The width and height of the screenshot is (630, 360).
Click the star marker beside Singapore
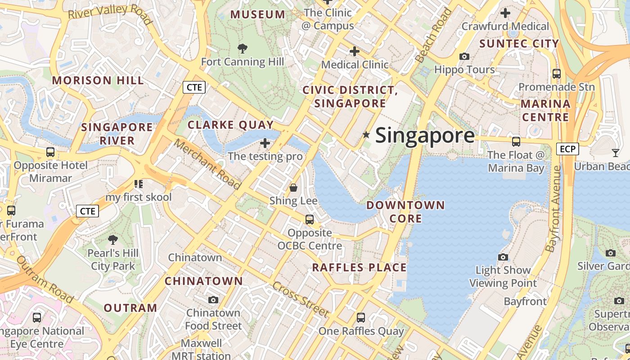[x=366, y=135]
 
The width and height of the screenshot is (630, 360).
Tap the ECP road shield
[x=567, y=148]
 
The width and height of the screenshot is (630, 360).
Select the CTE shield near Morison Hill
[x=194, y=87]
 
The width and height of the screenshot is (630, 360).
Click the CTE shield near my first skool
[x=87, y=211]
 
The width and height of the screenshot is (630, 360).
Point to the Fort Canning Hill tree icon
[x=243, y=48]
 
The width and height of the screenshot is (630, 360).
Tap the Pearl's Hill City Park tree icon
[x=113, y=240]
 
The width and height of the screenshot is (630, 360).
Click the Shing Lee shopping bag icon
[x=293, y=187]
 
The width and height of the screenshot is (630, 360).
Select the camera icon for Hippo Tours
[x=464, y=57]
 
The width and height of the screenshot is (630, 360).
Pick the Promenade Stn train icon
[x=557, y=73]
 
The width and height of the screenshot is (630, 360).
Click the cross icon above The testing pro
[x=265, y=143]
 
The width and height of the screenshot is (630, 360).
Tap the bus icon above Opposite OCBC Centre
[x=310, y=220]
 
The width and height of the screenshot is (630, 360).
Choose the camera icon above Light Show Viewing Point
[x=503, y=257]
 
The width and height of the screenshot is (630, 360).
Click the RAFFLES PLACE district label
[x=360, y=267]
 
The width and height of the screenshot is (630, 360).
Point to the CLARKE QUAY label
[x=230, y=125]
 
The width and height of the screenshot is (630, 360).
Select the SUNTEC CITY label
[x=519, y=44]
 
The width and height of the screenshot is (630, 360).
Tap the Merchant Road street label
[x=207, y=164]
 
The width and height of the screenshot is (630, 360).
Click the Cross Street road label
[x=301, y=299]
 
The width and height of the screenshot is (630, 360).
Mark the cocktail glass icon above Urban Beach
[x=615, y=153]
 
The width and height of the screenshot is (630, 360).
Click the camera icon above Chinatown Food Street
[x=213, y=300]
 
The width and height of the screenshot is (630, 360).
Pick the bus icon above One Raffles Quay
[x=361, y=318]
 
